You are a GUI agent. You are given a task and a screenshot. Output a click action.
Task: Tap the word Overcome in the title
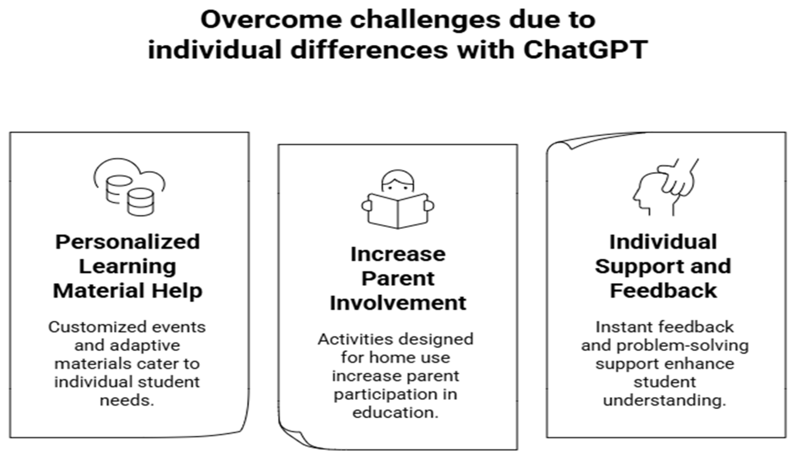(x=272, y=20)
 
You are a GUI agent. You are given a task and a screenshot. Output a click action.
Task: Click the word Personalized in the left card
(x=128, y=242)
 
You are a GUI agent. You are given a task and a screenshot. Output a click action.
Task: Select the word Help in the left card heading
(x=177, y=291)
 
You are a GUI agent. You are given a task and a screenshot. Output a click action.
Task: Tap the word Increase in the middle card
(x=398, y=254)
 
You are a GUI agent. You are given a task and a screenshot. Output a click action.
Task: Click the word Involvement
(x=398, y=303)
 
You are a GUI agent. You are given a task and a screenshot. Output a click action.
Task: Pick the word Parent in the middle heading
(x=398, y=278)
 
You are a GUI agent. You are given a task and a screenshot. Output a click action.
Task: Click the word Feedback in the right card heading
(x=663, y=291)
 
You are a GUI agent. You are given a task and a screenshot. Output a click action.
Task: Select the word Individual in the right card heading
(x=663, y=242)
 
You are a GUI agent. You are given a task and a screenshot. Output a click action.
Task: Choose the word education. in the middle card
(x=395, y=413)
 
